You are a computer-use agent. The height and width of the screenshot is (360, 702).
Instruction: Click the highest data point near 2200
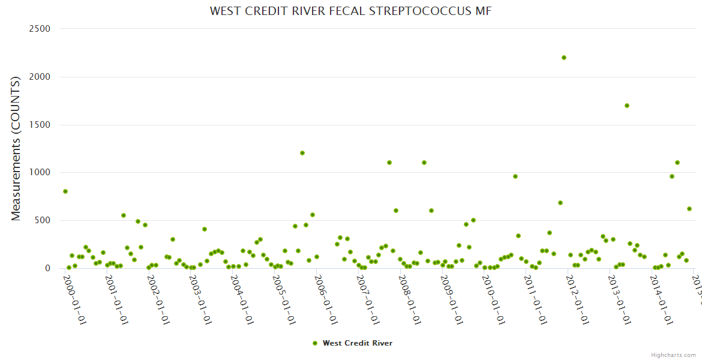click(x=564, y=58)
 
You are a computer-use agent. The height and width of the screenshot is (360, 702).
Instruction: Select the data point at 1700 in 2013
click(x=627, y=106)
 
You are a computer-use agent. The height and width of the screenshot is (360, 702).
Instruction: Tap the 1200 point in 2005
click(x=302, y=153)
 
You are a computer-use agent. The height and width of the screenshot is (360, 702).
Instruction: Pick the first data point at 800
click(x=65, y=191)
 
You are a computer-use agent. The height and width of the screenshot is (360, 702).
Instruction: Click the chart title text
click(x=350, y=11)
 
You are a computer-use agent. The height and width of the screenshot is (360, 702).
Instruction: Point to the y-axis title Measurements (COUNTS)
click(x=16, y=148)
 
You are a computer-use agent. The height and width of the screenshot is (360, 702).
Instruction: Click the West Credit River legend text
click(x=358, y=343)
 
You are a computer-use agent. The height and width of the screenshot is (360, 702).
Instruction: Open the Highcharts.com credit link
click(x=673, y=355)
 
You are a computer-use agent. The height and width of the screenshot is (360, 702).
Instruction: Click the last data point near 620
click(x=689, y=209)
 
